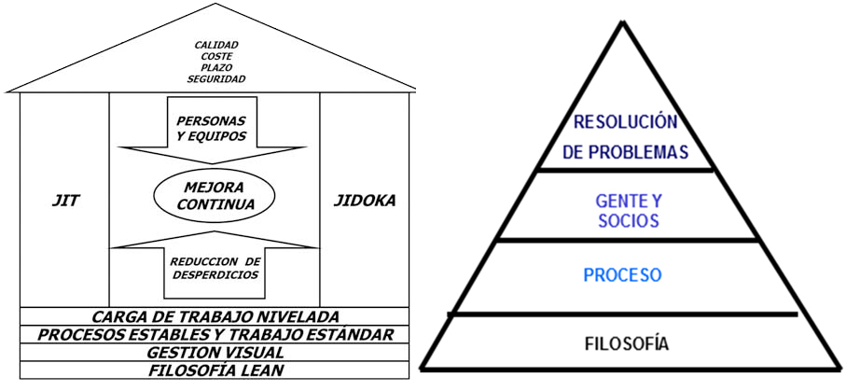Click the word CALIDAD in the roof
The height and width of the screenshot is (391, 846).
tap(215, 45)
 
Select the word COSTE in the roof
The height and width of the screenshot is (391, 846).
tap(215, 56)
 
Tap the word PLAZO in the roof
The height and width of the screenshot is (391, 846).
tap(215, 67)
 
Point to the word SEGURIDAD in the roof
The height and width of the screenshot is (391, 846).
tap(215, 79)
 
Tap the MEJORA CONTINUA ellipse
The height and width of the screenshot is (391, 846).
tap(215, 195)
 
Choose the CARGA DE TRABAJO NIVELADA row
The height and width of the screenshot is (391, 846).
tap(215, 317)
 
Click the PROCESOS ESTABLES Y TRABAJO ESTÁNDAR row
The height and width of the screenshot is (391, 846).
tap(215, 335)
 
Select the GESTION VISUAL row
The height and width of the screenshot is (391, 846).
tap(215, 353)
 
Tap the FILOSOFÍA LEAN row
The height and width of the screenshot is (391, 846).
tap(215, 370)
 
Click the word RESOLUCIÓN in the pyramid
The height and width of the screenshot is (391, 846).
tap(624, 122)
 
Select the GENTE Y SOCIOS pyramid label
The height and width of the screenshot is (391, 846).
tap(627, 211)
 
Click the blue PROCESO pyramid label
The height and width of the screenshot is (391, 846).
tap(622, 276)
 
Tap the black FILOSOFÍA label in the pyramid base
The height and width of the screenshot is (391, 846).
tap(624, 344)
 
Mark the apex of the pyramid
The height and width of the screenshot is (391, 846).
tap(624, 21)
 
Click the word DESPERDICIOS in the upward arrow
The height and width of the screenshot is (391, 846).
tap(215, 275)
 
